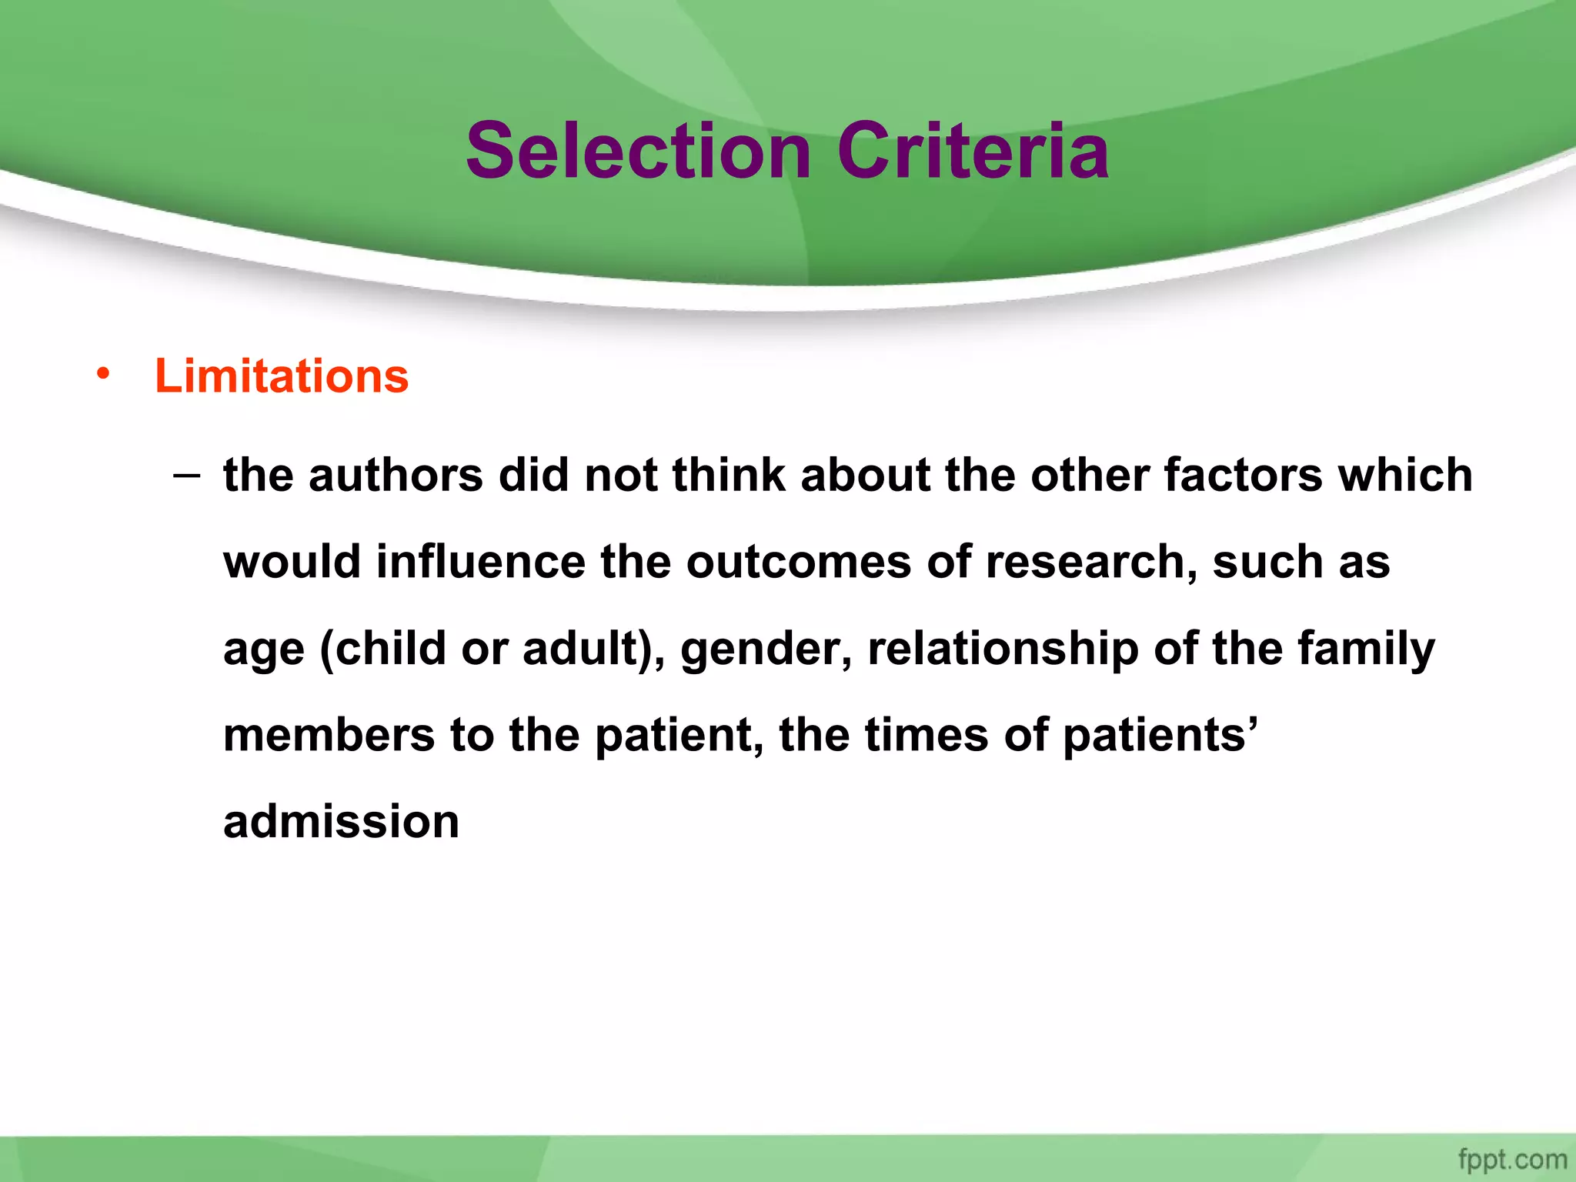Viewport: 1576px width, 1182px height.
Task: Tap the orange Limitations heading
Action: pos(282,376)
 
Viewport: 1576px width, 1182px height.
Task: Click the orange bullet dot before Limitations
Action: pos(103,375)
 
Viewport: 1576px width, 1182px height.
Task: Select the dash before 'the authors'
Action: pos(186,476)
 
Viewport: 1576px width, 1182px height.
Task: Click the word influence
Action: pos(481,562)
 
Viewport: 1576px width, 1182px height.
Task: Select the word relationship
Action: pos(1003,649)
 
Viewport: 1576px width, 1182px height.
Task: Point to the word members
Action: pos(329,735)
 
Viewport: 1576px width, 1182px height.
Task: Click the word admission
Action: pos(341,822)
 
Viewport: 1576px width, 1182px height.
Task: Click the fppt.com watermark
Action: pos(1512,1159)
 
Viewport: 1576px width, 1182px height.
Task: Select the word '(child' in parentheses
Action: pos(382,648)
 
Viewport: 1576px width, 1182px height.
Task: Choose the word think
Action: pos(729,475)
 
